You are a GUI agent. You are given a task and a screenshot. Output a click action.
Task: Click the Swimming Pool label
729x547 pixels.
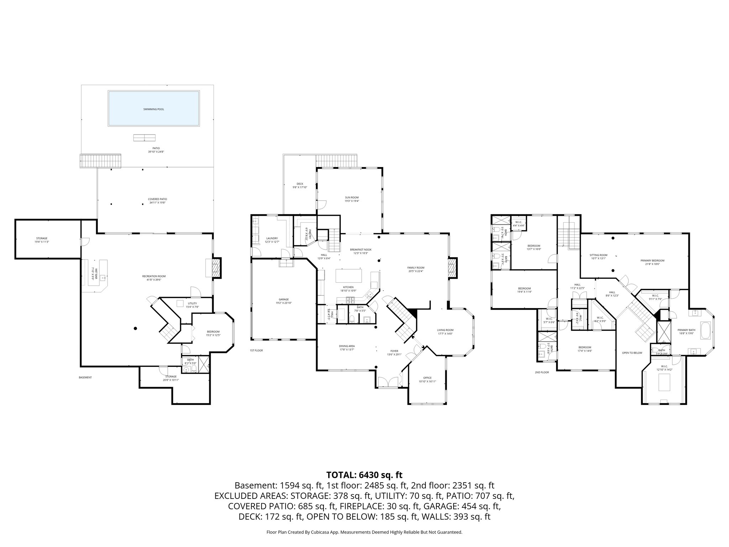pos(153,109)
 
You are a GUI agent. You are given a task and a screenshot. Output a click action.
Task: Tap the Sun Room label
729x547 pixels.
pos(351,197)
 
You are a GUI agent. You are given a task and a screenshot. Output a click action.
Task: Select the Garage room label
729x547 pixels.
pos(283,299)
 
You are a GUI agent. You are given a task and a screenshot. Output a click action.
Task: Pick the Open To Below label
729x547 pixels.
pos(632,353)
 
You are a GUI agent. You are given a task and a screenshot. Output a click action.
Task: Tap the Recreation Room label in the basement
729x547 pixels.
pos(154,276)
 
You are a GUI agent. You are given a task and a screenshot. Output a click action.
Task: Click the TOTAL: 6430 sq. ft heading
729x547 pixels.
pos(364,475)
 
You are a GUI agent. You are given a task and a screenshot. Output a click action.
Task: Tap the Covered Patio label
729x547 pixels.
pos(157,199)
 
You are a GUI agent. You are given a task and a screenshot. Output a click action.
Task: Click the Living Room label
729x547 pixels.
pos(445,330)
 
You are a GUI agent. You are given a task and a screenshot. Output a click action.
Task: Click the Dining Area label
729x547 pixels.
pos(346,346)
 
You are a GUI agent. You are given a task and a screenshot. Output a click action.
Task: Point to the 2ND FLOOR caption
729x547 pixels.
pos(541,372)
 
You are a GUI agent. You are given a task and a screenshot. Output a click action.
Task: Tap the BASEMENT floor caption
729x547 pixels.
pos(85,377)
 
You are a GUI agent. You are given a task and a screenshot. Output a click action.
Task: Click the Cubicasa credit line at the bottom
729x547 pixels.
pos(364,522)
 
